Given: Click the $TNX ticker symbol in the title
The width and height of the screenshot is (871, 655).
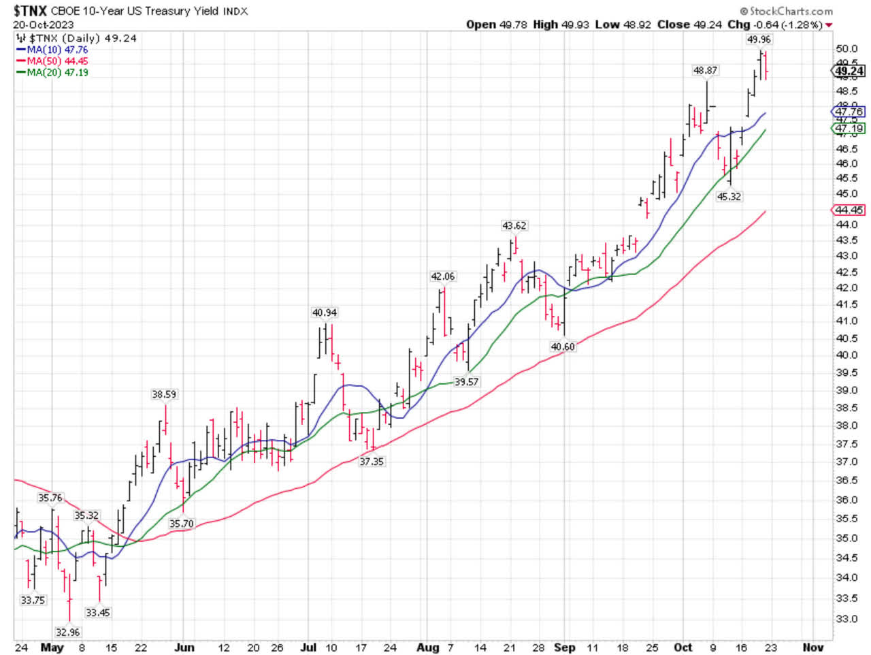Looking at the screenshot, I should pyautogui.click(x=30, y=10).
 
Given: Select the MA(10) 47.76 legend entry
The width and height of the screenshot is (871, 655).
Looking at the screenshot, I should pyautogui.click(x=57, y=50).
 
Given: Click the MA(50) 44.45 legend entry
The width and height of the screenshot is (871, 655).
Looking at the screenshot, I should pyautogui.click(x=57, y=61).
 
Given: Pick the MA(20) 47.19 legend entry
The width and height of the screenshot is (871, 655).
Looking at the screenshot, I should pyautogui.click(x=57, y=72).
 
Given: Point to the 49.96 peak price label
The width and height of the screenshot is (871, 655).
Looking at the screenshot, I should pyautogui.click(x=759, y=39).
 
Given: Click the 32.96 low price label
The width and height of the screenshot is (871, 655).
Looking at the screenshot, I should pyautogui.click(x=67, y=633).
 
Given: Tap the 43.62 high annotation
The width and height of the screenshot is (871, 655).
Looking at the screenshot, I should pyautogui.click(x=514, y=225).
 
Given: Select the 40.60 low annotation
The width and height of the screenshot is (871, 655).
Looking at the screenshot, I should pyautogui.click(x=563, y=347).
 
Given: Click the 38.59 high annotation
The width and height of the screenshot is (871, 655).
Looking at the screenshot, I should pyautogui.click(x=163, y=394).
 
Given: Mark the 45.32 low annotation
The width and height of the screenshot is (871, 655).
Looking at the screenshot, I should pyautogui.click(x=729, y=196).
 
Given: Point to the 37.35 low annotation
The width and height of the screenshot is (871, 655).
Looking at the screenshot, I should pyautogui.click(x=372, y=462).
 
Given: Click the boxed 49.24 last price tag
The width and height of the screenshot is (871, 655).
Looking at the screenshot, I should pyautogui.click(x=849, y=71).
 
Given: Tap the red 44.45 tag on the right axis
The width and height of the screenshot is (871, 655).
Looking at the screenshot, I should pyautogui.click(x=849, y=210).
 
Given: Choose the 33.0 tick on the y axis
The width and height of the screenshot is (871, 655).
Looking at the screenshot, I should pyautogui.click(x=847, y=620).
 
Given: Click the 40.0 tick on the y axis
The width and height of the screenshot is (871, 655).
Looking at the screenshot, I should pyautogui.click(x=847, y=355).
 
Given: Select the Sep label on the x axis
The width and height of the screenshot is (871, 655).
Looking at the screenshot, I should pyautogui.click(x=564, y=648).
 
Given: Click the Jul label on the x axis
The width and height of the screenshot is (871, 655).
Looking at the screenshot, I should pyautogui.click(x=308, y=648).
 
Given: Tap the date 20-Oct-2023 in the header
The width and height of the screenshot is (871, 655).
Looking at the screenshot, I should pyautogui.click(x=43, y=25).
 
